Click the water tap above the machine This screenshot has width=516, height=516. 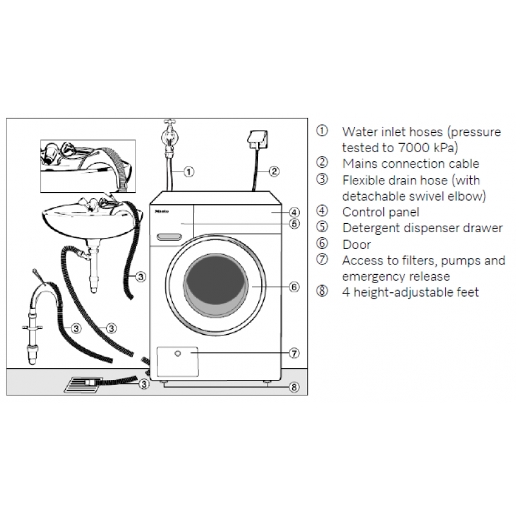coord(170,134)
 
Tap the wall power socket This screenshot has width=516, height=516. coord(257,139)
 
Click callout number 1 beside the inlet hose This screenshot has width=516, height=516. coord(188,172)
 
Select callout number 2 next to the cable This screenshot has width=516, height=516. coord(273,171)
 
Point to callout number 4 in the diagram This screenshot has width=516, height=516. coord(294,212)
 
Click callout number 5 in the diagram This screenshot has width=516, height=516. coord(294,224)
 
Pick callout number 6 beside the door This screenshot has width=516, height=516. coord(294,287)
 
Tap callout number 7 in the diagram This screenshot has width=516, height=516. coord(294,353)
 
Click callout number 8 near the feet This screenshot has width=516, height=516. coord(294,387)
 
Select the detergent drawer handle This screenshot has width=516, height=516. coord(169,237)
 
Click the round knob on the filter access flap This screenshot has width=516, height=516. coord(178,353)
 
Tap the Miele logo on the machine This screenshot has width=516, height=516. coord(162,212)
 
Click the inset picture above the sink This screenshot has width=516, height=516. coord(88,166)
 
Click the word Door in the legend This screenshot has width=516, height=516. coord(357,244)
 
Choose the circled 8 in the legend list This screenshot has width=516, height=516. coord(322,291)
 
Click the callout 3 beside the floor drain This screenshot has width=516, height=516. coord(144,384)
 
